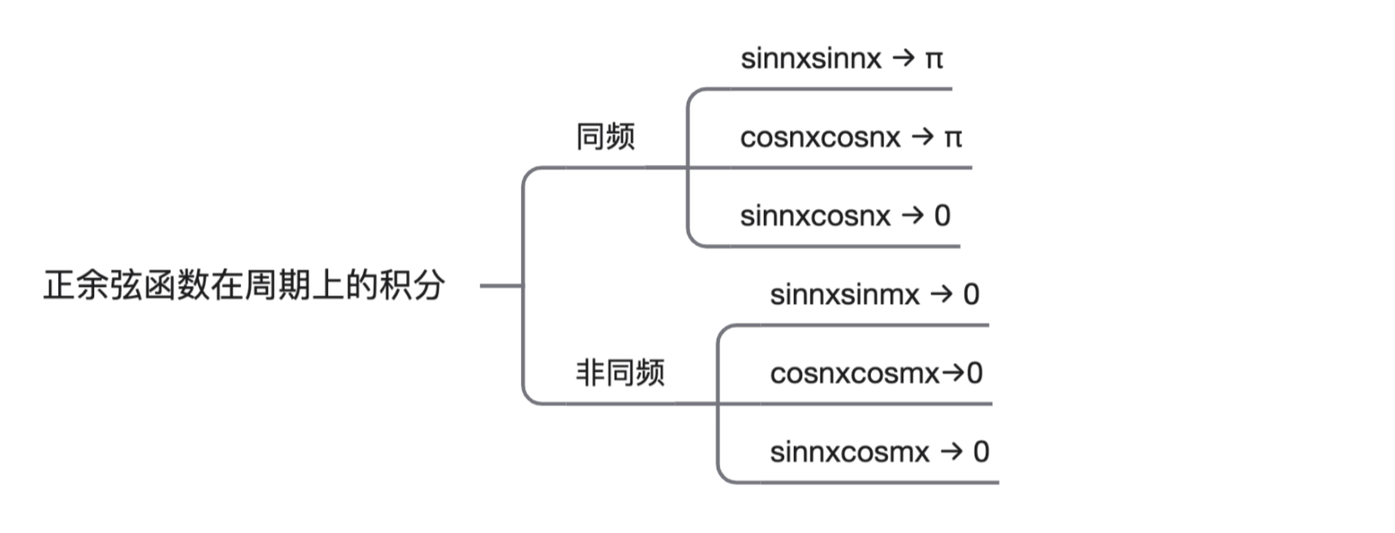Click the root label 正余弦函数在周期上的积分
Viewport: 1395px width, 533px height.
tap(244, 285)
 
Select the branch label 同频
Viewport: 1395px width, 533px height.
tap(606, 137)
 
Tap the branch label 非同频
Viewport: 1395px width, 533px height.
tap(620, 373)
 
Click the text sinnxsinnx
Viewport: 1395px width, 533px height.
tap(811, 59)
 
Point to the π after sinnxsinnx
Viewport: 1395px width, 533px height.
tap(934, 60)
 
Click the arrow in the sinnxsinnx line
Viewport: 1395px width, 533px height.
tap(903, 59)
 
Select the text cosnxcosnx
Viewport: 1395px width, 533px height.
tap(820, 138)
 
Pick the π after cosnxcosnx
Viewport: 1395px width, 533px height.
tap(953, 139)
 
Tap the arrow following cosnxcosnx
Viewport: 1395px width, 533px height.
tap(923, 137)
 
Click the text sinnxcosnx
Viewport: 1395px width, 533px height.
tap(815, 216)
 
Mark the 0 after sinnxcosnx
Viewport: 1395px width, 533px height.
tap(942, 215)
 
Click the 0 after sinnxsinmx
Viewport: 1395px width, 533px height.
tap(971, 295)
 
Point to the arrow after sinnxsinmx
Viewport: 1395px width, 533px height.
tap(942, 294)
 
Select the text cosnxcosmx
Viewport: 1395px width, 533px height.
tap(855, 374)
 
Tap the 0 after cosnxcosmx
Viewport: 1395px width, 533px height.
tap(975, 373)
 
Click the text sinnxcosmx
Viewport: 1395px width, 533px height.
tap(850, 452)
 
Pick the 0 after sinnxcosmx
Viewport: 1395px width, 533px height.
tap(981, 452)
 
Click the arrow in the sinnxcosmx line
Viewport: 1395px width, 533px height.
tap(951, 451)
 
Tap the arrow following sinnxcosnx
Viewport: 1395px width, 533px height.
tap(912, 215)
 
